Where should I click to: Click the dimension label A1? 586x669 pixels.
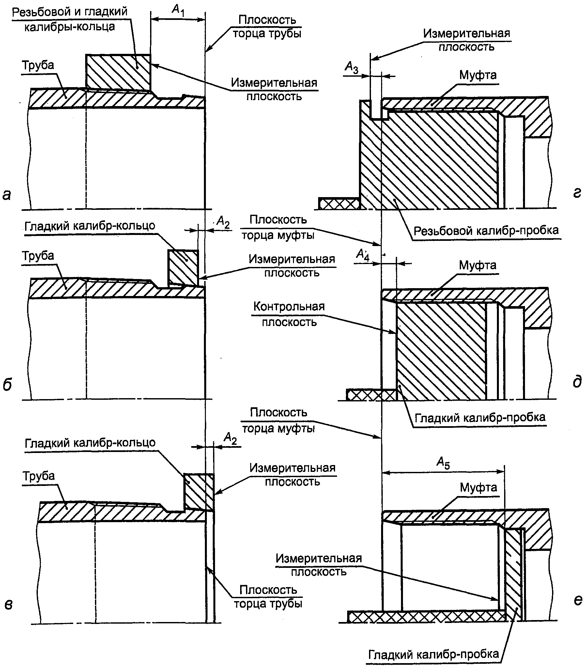coord(178,10)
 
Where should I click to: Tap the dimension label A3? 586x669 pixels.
coord(352,68)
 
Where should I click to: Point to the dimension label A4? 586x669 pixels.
coord(362,255)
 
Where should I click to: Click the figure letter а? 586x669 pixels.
coord(7,195)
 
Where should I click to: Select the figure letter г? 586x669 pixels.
coord(577,194)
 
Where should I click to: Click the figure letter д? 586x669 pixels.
coord(577,382)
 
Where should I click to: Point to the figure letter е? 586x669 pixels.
coord(578,600)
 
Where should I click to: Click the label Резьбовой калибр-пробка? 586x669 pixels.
coord(486,231)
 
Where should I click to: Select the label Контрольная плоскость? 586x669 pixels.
coord(289,314)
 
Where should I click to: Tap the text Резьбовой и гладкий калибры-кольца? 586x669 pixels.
coord(69,19)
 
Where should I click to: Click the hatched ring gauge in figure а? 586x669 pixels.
coord(118,72)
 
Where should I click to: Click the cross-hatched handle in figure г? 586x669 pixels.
coord(339,203)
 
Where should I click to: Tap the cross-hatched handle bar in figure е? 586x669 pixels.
coord(426,616)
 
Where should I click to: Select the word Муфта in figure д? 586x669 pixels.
coord(477,265)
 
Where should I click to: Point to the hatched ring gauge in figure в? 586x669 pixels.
coord(199,491)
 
